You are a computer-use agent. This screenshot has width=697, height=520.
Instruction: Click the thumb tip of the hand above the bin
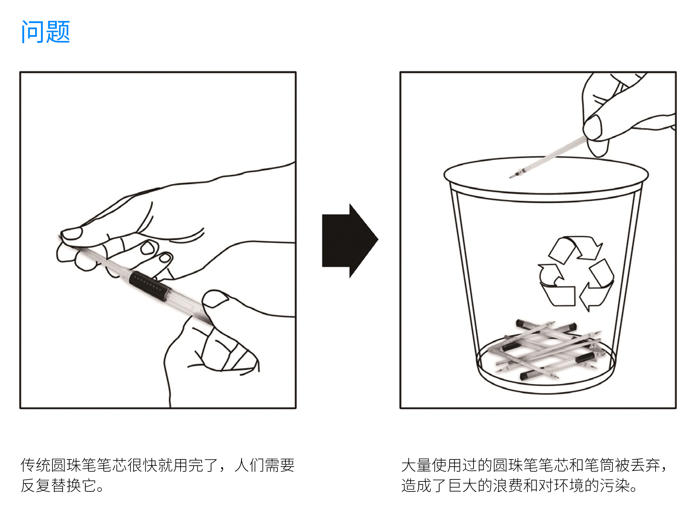click(x=592, y=128)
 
